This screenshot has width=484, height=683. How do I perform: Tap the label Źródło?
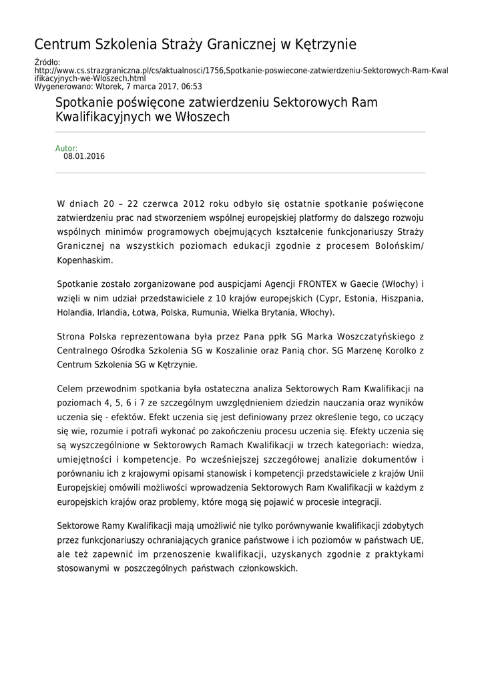tap(47, 63)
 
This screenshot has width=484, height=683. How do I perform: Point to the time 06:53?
tap(190, 87)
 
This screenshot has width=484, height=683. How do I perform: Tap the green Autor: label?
tap(66, 148)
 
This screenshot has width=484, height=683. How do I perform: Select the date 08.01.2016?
tap(84, 157)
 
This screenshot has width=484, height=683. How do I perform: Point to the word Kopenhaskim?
tap(85, 259)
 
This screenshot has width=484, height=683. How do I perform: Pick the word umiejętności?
tap(84, 460)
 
